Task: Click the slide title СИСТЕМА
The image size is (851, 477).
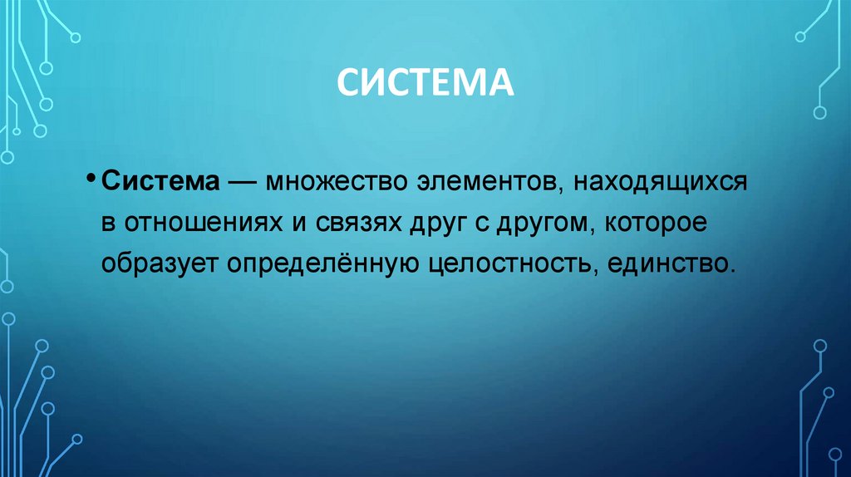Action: coord(425,85)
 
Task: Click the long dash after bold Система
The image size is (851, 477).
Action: coord(243,183)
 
